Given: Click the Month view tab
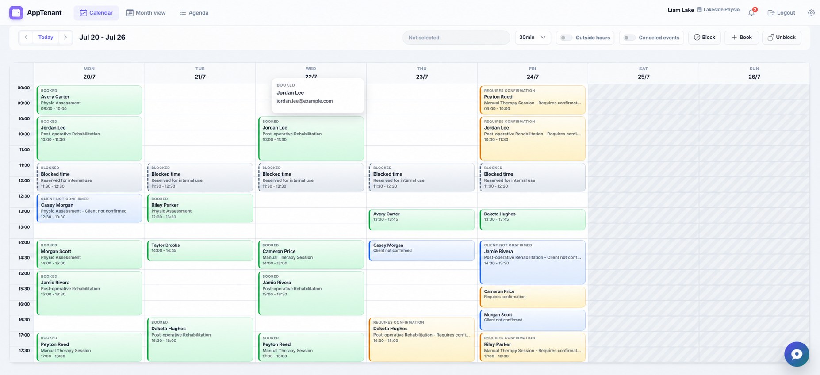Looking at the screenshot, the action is (x=146, y=13).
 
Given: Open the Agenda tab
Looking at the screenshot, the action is (x=194, y=13).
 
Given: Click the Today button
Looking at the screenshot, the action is (x=46, y=38).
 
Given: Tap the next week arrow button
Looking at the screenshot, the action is (x=65, y=38).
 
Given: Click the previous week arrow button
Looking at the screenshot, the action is (x=26, y=38).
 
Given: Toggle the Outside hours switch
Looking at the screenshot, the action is (x=566, y=38).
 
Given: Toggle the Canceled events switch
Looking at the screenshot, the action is (x=629, y=38).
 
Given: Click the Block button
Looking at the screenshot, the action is (x=705, y=38).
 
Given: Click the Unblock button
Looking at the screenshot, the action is (x=782, y=38).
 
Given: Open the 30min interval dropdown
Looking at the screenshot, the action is (x=533, y=38).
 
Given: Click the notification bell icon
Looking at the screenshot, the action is (x=751, y=13).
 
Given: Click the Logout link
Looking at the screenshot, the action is (x=781, y=13).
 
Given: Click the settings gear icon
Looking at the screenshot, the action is (x=811, y=13).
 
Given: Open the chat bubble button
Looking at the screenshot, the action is (x=797, y=354).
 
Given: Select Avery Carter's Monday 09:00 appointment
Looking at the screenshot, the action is (x=89, y=100).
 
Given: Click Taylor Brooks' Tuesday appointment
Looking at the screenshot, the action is (x=200, y=251).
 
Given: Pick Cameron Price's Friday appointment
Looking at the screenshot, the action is (x=533, y=297).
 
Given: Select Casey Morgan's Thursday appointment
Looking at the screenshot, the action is (x=421, y=251).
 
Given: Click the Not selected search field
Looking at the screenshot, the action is (x=456, y=38).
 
